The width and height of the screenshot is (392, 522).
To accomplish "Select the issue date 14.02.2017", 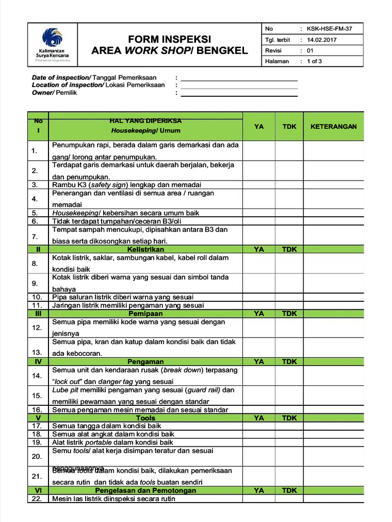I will pyautogui.click(x=322, y=40).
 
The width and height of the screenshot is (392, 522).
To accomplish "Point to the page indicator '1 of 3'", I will pyautogui.click(x=314, y=61).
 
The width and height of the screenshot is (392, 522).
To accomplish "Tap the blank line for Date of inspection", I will pyautogui.click(x=239, y=78).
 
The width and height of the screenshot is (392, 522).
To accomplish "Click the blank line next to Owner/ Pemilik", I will pyautogui.click(x=239, y=93).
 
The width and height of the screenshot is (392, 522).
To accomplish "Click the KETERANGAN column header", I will pyautogui.click(x=333, y=126).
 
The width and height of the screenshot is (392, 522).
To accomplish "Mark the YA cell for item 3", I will pyautogui.click(x=259, y=185).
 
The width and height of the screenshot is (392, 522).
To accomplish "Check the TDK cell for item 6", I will pyautogui.click(x=289, y=221).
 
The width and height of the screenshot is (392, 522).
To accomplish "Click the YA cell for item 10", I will pyautogui.click(x=259, y=297).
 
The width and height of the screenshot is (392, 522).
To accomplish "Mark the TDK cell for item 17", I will pyautogui.click(x=289, y=425).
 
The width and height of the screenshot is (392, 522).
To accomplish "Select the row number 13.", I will pyautogui.click(x=37, y=352).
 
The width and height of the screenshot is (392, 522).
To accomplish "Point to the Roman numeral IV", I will pyautogui.click(x=37, y=361).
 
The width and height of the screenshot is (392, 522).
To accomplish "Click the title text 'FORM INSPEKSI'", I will pyautogui.click(x=169, y=39).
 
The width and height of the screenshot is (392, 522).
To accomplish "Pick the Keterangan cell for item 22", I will pyautogui.click(x=333, y=499).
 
